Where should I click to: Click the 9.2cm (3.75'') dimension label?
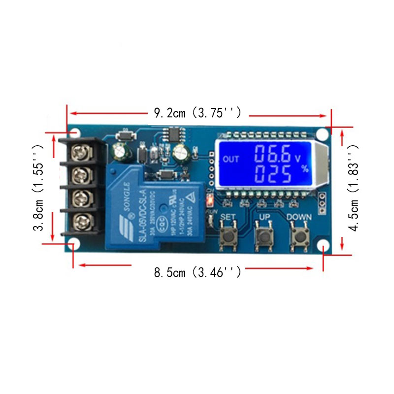click(197, 113)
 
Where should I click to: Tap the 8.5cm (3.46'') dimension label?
click(197, 271)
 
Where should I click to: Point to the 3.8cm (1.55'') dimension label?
click(39, 187)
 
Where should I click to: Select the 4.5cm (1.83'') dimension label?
click(353, 188)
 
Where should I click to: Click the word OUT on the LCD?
click(230, 159)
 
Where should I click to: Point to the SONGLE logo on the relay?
click(123, 199)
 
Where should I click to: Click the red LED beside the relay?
click(209, 200)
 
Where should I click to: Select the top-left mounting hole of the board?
click(75, 132)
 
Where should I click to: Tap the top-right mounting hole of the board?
click(323, 133)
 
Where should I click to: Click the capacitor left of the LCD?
click(181, 154)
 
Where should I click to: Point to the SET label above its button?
click(227, 217)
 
